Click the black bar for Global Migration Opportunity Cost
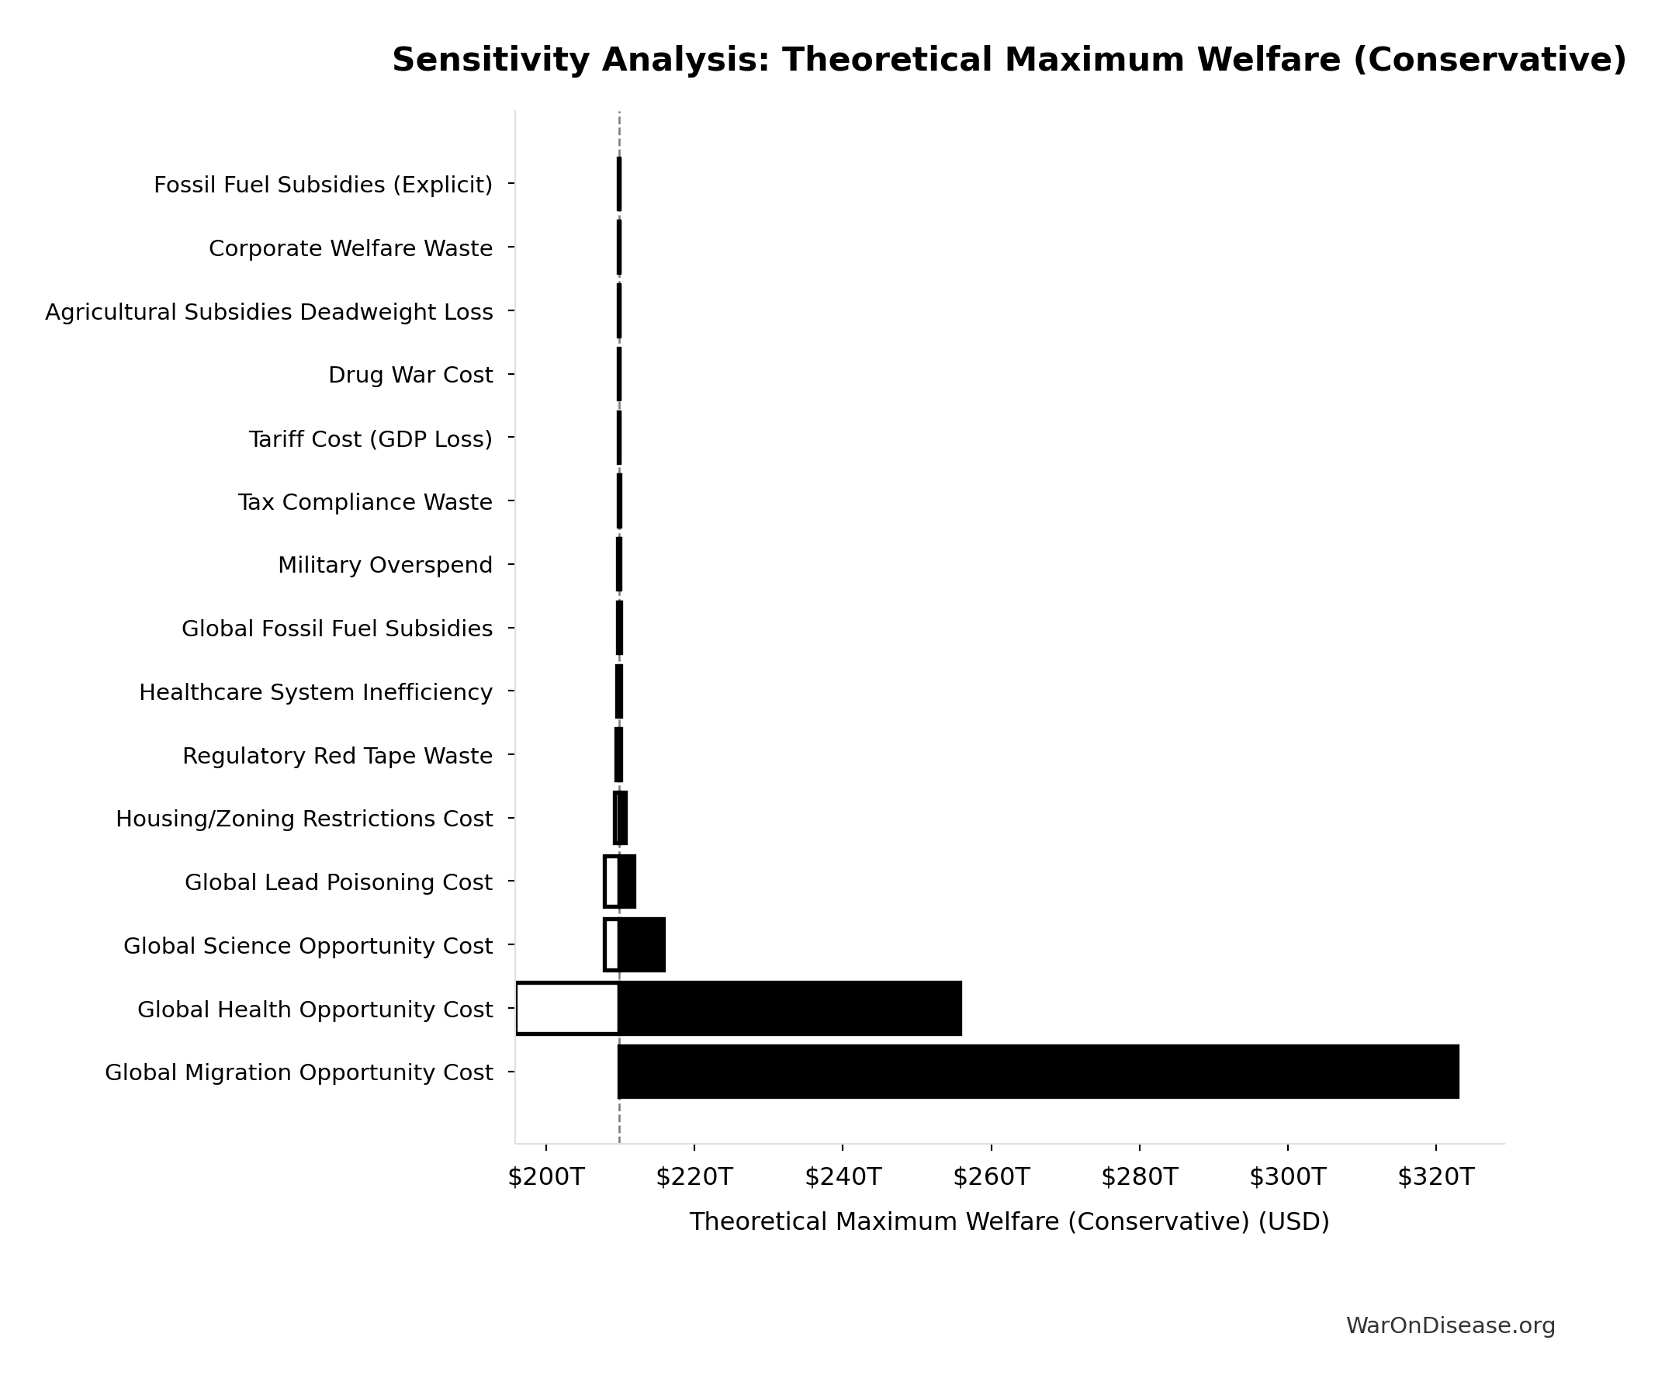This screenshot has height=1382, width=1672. (x=1037, y=1072)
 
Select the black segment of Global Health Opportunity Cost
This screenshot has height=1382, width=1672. (x=788, y=1009)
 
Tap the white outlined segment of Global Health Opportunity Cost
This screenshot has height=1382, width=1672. (x=567, y=1009)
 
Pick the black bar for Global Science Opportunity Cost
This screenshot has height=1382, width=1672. (x=641, y=945)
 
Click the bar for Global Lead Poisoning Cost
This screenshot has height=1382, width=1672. (x=626, y=882)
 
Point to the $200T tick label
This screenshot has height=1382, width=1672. (x=546, y=1177)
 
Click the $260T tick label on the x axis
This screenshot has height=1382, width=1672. (x=991, y=1177)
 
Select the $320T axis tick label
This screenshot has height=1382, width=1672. (x=1435, y=1177)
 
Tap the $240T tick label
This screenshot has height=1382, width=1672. (x=843, y=1177)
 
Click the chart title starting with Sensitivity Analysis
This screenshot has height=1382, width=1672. (x=1009, y=61)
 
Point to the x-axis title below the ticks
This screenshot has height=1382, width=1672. (x=1009, y=1222)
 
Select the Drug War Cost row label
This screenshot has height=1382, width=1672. (x=410, y=375)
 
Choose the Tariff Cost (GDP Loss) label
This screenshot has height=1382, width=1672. (x=370, y=438)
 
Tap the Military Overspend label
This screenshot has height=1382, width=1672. (x=384, y=565)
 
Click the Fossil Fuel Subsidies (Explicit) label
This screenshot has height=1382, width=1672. (x=322, y=185)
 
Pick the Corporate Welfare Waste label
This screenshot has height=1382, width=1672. (x=350, y=248)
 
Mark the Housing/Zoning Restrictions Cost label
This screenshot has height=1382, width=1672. (x=304, y=819)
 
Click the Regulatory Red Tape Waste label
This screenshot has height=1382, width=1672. (x=337, y=756)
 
